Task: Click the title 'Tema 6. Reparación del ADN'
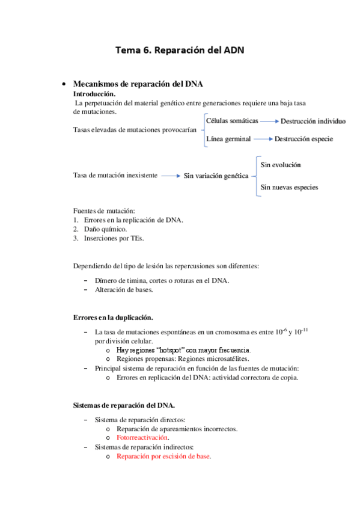click(180, 51)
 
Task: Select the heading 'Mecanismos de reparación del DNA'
click(141, 84)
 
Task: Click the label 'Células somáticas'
click(232, 121)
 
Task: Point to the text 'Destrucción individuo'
click(313, 121)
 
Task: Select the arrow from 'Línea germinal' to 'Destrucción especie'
click(262, 139)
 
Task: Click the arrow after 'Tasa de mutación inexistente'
click(171, 176)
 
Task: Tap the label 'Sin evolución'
click(281, 164)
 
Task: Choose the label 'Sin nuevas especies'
click(289, 187)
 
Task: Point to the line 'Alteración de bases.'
click(124, 289)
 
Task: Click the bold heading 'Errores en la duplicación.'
click(113, 317)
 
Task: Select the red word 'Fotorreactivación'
click(142, 438)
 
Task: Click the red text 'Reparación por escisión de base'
click(163, 456)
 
